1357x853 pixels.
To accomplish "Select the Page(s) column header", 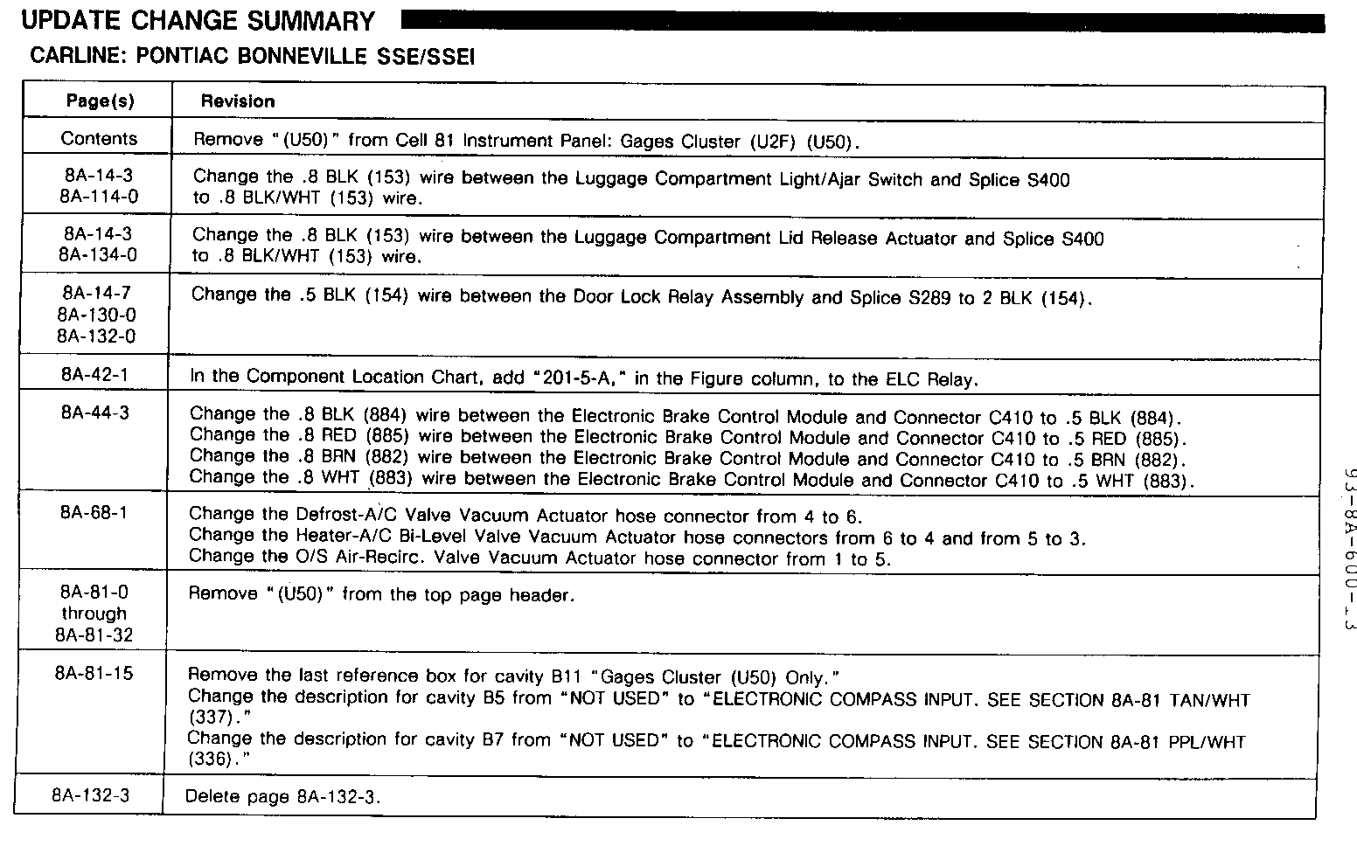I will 101,101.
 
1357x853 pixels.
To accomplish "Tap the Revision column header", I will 238,101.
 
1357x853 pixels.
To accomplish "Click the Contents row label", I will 99,139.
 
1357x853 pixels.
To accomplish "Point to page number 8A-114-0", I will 99,197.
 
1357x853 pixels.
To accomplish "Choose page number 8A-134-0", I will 99,255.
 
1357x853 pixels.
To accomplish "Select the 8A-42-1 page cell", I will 95,375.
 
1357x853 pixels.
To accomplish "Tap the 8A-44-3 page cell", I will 94,413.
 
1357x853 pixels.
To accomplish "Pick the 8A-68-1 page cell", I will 94,513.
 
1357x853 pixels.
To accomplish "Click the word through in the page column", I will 94,614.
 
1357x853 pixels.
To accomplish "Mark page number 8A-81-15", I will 93,674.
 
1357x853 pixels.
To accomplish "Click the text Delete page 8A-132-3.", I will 283,797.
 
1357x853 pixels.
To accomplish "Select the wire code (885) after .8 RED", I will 386,435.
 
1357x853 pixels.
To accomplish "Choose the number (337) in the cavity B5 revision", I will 206,718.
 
